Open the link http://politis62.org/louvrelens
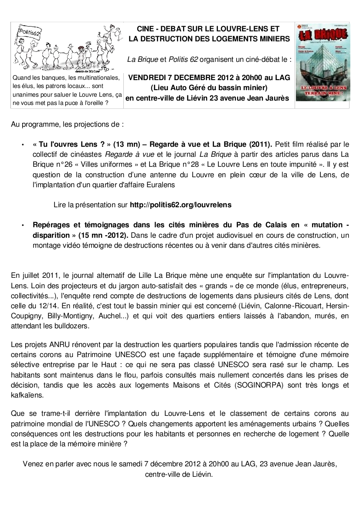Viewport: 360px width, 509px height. coord(180,204)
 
